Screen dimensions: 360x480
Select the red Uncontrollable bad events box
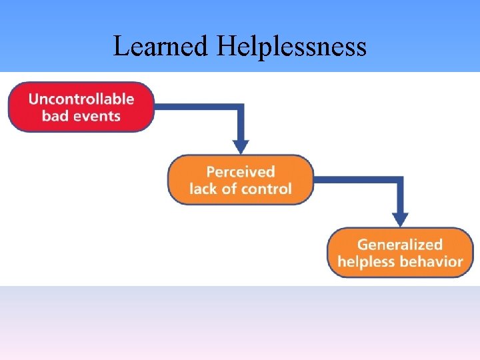click(81, 107)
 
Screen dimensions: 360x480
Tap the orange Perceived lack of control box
click(240, 180)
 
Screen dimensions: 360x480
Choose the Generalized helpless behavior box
click(400, 253)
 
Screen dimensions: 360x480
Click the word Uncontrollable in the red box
click(81, 99)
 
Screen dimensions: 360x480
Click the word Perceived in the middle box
click(240, 172)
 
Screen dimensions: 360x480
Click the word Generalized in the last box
click(400, 245)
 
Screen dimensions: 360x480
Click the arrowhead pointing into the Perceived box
click(241, 147)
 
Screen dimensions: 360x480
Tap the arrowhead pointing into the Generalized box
click(401, 219)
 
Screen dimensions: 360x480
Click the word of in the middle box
click(229, 189)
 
